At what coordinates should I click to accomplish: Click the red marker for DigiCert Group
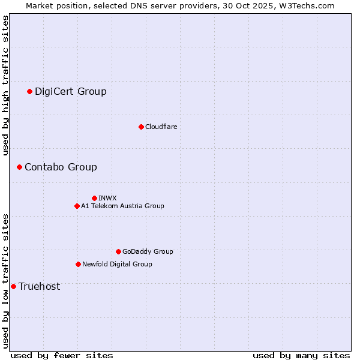click(29, 91)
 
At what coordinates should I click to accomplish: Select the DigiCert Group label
click(70, 91)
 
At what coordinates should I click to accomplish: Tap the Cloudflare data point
click(141, 127)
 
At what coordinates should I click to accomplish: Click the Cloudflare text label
click(161, 127)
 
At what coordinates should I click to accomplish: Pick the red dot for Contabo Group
click(19, 167)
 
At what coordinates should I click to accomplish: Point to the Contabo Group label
click(61, 167)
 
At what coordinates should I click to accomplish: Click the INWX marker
click(94, 198)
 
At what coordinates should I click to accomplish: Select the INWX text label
click(107, 198)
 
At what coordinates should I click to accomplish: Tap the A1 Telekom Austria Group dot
click(77, 206)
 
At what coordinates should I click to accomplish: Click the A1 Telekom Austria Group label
click(122, 206)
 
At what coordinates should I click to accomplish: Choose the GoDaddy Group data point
click(118, 251)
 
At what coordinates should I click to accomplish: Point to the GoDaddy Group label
click(148, 251)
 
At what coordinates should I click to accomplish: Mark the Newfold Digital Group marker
click(78, 264)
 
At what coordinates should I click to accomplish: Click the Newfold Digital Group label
click(117, 264)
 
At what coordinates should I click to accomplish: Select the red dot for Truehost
click(13, 286)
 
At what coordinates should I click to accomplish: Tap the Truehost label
click(39, 286)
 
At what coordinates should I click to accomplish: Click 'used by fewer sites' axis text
click(62, 355)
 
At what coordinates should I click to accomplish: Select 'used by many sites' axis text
click(301, 355)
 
